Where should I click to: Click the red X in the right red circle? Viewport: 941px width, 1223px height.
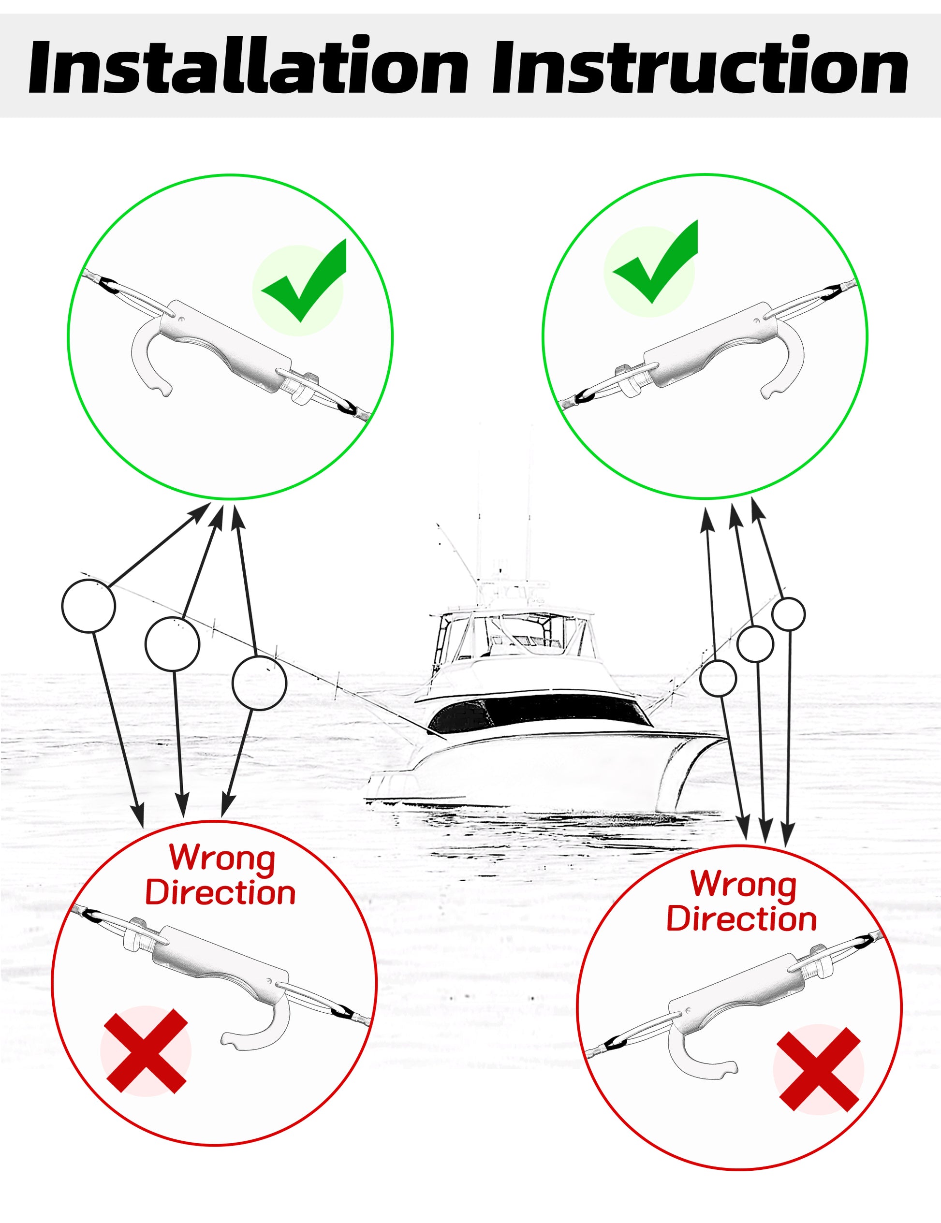pyautogui.click(x=818, y=1070)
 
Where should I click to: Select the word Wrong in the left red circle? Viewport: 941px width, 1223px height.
pyautogui.click(x=222, y=859)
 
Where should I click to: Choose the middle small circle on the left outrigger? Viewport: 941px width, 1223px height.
pyautogui.click(x=172, y=643)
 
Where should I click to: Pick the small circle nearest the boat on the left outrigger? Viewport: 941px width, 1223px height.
pyautogui.click(x=259, y=683)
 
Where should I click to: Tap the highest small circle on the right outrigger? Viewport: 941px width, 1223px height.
pyautogui.click(x=789, y=614)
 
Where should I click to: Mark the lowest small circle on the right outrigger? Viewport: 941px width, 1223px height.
pyautogui.click(x=718, y=678)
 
